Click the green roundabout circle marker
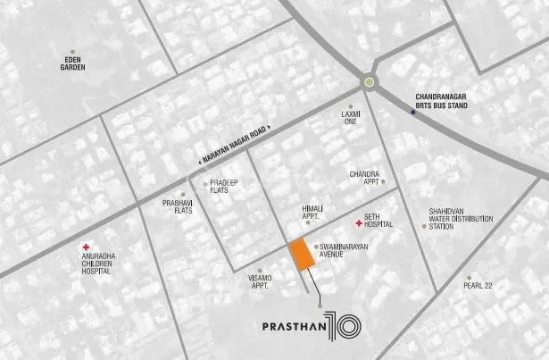370,84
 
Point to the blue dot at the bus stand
412,113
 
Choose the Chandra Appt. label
366,176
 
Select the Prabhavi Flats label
179,207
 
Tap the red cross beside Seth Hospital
359,222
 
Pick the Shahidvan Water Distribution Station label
454,219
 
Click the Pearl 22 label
478,286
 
